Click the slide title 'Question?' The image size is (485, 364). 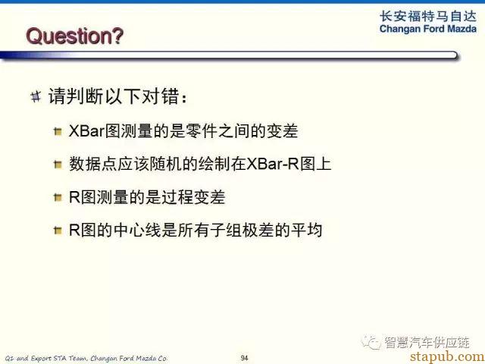click(74, 36)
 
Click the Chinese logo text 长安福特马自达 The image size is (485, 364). click(428, 16)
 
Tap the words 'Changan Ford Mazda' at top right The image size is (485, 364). click(428, 29)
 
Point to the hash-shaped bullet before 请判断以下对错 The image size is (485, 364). click(36, 96)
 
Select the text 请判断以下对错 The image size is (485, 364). click(114, 96)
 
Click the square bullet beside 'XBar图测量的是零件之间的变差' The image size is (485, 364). click(58, 131)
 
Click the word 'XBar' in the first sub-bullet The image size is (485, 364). click(86, 131)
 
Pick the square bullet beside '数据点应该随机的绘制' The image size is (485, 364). click(58, 165)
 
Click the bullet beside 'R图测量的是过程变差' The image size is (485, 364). click(58, 197)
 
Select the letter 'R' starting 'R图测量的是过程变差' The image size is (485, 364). click(74, 197)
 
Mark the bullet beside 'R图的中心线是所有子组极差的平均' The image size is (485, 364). click(58, 230)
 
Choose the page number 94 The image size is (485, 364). click(244, 358)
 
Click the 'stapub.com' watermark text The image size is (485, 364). click(447, 356)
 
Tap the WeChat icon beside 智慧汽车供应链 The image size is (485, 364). click(371, 342)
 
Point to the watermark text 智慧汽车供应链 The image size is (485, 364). click(427, 342)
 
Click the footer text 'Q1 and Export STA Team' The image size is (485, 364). click(46, 358)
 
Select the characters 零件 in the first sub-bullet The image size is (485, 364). click(202, 131)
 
